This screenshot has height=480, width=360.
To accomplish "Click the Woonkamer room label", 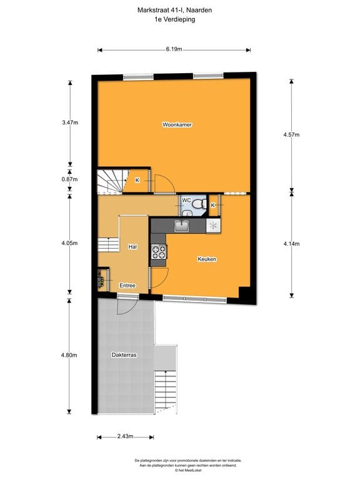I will click(x=177, y=125).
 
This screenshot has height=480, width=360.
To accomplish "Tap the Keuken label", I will click(x=207, y=259).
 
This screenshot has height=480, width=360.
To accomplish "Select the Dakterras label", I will click(x=124, y=354).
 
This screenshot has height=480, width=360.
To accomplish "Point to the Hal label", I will click(x=132, y=247).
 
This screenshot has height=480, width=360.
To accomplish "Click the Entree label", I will click(x=127, y=286).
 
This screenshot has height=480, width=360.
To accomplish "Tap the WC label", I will click(x=186, y=201).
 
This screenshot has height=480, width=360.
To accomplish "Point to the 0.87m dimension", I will click(x=70, y=179).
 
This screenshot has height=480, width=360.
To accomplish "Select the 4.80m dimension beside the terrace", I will click(x=69, y=355).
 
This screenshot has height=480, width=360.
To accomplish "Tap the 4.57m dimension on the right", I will click(x=291, y=135).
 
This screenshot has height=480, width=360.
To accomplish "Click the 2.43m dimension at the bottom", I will click(x=124, y=436).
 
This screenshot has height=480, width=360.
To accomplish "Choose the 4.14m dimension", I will click(x=291, y=244).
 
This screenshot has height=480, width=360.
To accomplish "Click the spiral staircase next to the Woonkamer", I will click(x=112, y=181).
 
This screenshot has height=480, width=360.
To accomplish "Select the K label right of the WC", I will click(x=213, y=205).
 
